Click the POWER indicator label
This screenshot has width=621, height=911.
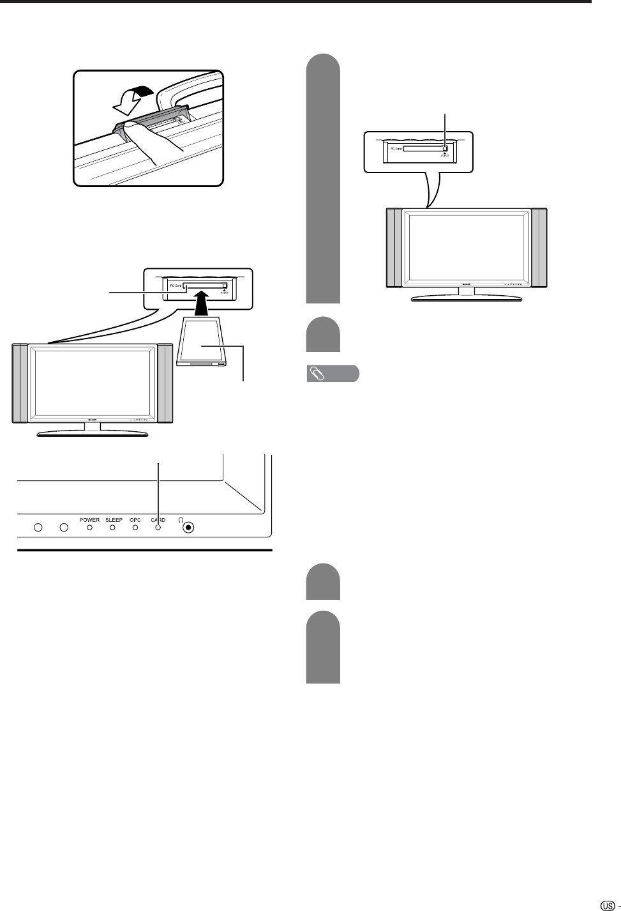pos(89,520)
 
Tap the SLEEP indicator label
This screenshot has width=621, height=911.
pos(114,520)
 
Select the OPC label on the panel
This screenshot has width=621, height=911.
pos(135,520)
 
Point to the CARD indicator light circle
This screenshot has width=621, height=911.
pos(158,528)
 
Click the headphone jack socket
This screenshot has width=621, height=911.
pos(188,528)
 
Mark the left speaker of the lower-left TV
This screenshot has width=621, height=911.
pos(20,383)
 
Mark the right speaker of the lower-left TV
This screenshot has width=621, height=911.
pos(165,383)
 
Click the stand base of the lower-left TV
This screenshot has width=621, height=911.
pos(93,434)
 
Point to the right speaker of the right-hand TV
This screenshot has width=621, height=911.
pos(539,247)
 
